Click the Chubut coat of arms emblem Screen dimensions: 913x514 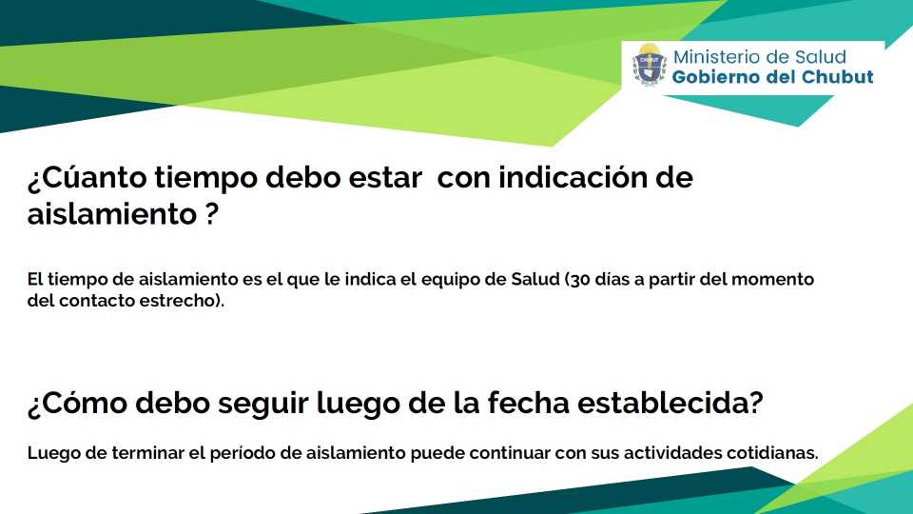click(x=650, y=64)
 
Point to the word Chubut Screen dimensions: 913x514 click(x=838, y=77)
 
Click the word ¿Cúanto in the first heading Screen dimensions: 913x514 click(x=87, y=177)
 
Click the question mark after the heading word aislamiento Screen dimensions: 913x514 click(x=212, y=214)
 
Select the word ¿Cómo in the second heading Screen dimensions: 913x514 click(x=77, y=403)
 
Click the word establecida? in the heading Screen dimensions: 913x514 click(x=670, y=403)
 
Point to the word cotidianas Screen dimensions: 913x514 click(x=771, y=453)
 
